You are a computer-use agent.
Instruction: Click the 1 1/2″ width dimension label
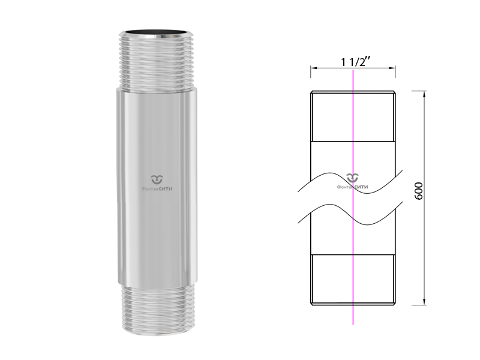354,62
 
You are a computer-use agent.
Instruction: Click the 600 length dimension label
418,191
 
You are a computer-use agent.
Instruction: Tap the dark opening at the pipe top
157,32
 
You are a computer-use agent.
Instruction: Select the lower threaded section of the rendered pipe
157,309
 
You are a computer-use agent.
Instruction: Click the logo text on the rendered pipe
157,189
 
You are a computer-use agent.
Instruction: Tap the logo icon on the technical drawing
353,177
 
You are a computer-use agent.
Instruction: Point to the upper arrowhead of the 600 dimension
424,94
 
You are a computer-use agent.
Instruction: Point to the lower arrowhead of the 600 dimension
424,302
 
